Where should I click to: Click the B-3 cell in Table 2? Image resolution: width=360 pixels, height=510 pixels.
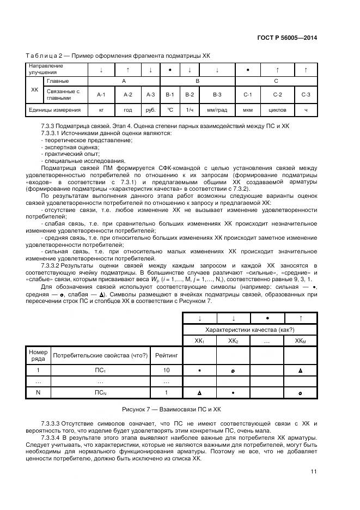(217, 95)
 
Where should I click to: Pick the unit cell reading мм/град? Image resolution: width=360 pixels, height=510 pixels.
(217, 110)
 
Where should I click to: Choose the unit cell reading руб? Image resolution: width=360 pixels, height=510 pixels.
(150, 110)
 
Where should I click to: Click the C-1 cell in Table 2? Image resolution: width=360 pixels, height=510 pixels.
(247, 95)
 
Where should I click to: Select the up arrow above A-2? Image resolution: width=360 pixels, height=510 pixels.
(127, 69)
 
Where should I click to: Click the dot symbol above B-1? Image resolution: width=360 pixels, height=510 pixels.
(170, 70)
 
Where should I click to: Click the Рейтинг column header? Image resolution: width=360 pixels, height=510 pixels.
(166, 356)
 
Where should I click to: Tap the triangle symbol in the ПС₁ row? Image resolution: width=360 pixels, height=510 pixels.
(300, 371)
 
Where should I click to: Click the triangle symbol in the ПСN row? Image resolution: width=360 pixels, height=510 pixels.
(199, 392)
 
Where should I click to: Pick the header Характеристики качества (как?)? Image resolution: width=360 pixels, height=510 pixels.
(249, 329)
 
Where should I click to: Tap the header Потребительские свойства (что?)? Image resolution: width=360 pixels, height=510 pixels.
(100, 356)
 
